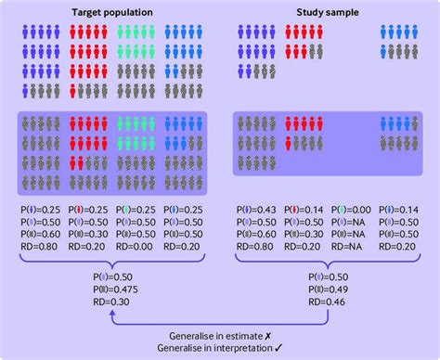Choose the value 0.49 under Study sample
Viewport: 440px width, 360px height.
click(x=335, y=288)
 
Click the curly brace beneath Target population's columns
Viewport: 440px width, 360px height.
click(x=110, y=264)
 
